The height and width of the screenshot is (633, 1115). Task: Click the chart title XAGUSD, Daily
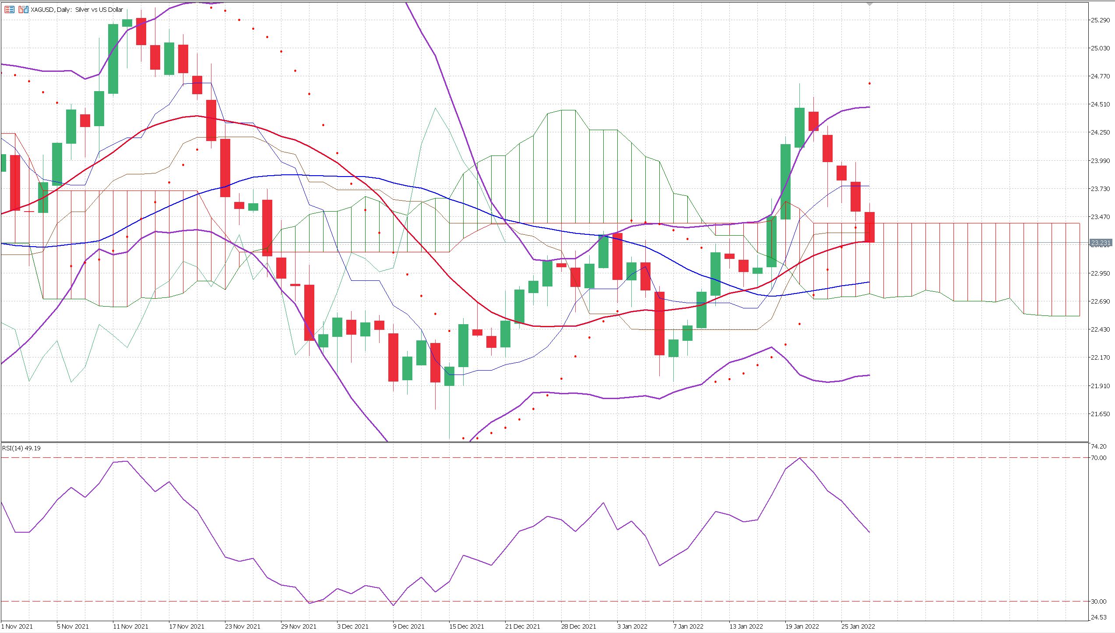(77, 10)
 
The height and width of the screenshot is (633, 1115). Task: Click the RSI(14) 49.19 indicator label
(21, 448)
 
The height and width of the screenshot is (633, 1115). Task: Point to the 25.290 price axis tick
(1100, 20)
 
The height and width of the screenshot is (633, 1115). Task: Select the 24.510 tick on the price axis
(1100, 104)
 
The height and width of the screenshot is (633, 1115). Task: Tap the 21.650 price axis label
(1100, 414)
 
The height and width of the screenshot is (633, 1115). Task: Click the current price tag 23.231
(1100, 243)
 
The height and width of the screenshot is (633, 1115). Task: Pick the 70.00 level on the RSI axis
(1098, 458)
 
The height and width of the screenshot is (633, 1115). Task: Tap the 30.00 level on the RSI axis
(1098, 601)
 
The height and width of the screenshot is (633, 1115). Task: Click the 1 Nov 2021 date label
(18, 626)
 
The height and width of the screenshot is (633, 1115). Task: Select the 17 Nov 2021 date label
(186, 626)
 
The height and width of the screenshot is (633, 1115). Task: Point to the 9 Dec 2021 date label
(408, 626)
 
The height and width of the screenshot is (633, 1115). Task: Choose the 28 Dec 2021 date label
(578, 626)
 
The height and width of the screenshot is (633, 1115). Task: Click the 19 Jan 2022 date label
(802, 626)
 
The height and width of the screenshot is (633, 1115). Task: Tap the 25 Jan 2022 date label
(858, 626)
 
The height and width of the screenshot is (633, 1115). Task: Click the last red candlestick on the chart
(869, 227)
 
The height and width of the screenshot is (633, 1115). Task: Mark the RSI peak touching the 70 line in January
(800, 458)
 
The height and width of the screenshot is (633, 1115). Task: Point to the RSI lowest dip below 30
(394, 605)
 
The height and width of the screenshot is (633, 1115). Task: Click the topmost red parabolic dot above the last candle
(869, 83)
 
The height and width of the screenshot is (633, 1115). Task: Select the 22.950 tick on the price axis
(1100, 273)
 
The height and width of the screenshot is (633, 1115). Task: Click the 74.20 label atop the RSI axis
(1098, 446)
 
